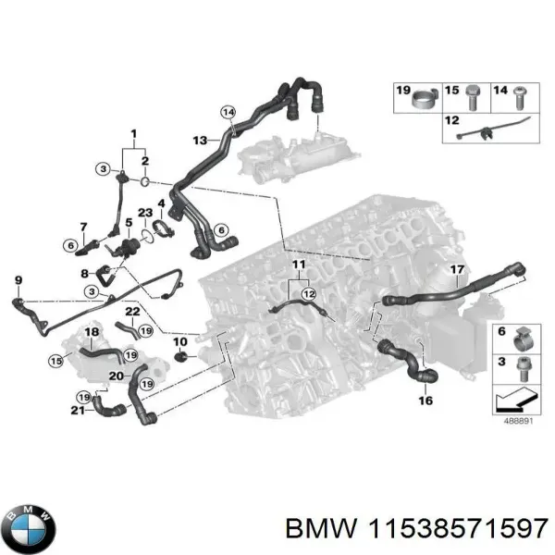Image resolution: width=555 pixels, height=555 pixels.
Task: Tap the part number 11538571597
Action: pyautogui.click(x=457, y=529)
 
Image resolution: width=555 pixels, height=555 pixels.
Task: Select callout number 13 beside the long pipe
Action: pyautogui.click(x=200, y=140)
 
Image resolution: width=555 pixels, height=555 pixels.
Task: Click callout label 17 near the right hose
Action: pyautogui.click(x=456, y=270)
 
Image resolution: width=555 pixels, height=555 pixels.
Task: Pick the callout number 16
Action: pyautogui.click(x=425, y=401)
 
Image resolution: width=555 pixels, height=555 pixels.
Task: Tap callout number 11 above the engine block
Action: pyautogui.click(x=297, y=265)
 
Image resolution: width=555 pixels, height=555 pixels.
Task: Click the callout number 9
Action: pyautogui.click(x=18, y=280)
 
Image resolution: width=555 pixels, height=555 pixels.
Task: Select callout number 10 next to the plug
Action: pyautogui.click(x=180, y=343)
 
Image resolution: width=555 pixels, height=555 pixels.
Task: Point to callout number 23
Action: pyautogui.click(x=144, y=214)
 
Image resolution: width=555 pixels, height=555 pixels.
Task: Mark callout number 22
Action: pyautogui.click(x=132, y=311)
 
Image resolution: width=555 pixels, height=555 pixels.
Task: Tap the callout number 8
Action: pyautogui.click(x=84, y=274)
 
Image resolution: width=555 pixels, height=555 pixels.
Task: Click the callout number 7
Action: pyautogui.click(x=83, y=228)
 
